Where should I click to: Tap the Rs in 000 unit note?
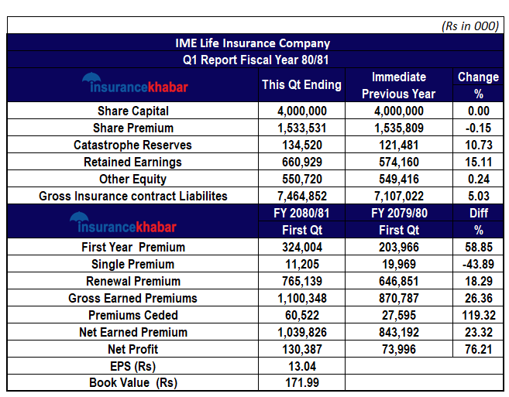coord(469,26)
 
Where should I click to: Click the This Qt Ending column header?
coord(301,85)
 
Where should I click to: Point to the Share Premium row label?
coord(133,128)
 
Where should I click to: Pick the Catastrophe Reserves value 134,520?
coord(301,145)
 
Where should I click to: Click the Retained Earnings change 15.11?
coord(477,163)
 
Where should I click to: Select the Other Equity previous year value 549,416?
coord(398,180)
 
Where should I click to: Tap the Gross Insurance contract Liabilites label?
coord(133,197)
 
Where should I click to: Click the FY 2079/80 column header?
coord(398,213)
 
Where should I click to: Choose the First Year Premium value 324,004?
coord(301,248)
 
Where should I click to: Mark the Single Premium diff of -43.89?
coord(477,265)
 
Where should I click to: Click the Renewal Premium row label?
coord(133,282)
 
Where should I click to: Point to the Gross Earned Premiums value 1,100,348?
coord(301,299)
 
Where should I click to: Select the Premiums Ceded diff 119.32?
coord(477,316)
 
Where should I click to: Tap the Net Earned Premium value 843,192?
coord(398,333)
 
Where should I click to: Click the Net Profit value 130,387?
coord(301,350)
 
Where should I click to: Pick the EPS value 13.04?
coord(301,367)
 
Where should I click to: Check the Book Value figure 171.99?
coord(301,384)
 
